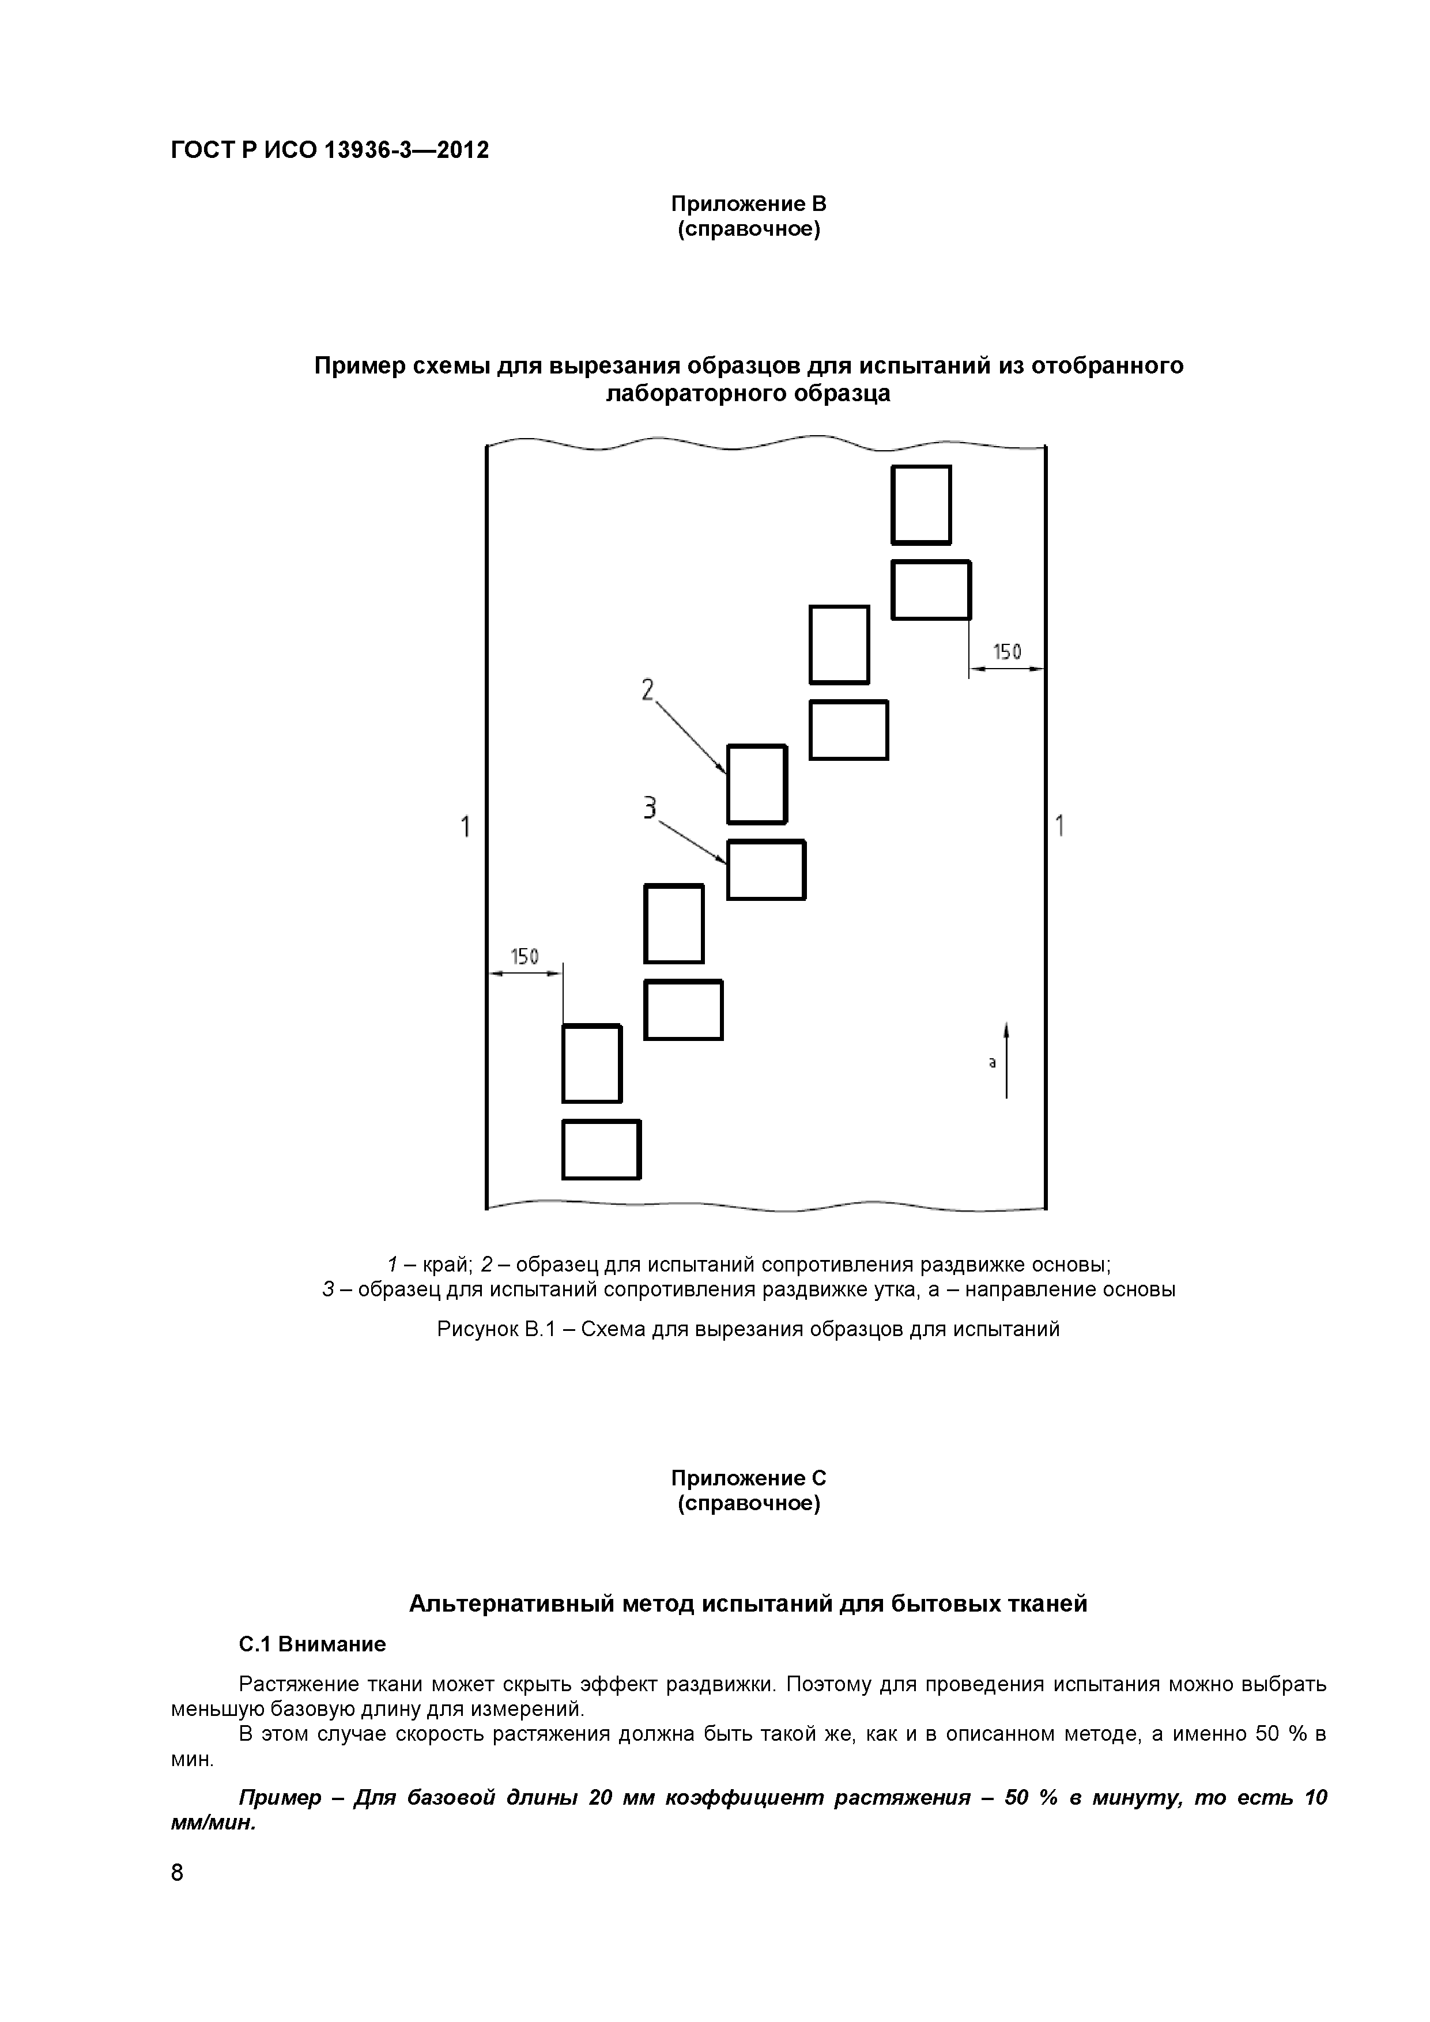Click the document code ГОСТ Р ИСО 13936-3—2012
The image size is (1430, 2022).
[x=329, y=150]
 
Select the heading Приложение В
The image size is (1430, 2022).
[x=749, y=204]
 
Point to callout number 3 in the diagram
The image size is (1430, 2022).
[x=650, y=807]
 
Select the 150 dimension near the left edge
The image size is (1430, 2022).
[x=525, y=956]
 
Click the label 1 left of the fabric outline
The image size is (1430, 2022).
[x=465, y=827]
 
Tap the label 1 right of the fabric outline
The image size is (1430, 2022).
[x=1060, y=826]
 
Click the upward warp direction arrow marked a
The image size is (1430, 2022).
[x=1006, y=1061]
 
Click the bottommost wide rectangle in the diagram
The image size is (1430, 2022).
[x=601, y=1149]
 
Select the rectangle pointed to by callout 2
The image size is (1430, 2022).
[x=756, y=784]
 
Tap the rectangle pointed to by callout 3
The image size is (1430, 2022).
[x=765, y=870]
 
